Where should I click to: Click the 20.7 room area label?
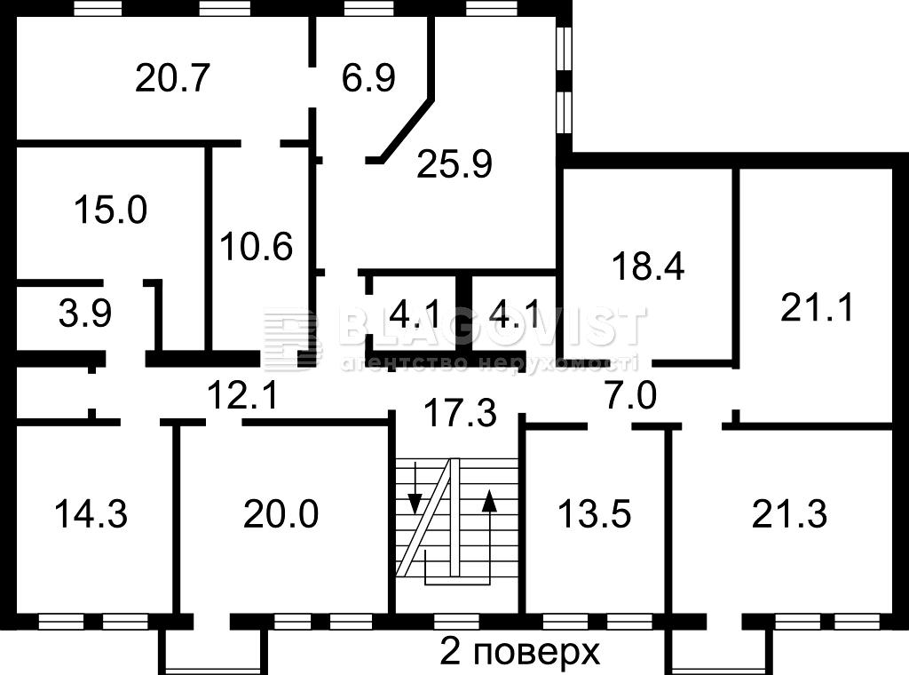172,77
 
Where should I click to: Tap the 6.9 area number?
368,77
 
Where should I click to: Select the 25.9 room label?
454,163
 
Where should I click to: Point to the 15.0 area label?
111,210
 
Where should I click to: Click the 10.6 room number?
257,246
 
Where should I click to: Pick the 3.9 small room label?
85,314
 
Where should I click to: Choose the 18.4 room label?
648,266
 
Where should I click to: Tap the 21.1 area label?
817,307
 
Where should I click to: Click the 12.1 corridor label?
243,395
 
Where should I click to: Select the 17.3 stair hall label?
461,412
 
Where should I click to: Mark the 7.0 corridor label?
630,395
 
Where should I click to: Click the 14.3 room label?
91,513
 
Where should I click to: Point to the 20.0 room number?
281,513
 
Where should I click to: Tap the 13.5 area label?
594,513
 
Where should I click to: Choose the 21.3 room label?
789,513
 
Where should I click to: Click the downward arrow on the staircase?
415,487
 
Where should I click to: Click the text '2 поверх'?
520,653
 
